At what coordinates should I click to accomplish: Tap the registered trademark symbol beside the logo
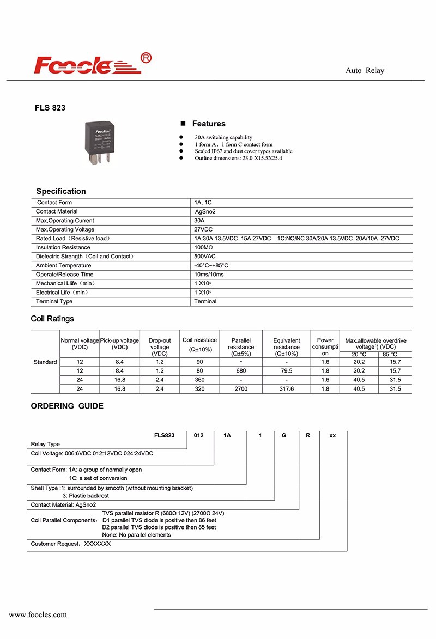tap(146, 58)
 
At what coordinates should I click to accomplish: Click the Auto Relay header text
tap(365, 71)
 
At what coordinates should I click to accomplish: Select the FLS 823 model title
tap(50, 108)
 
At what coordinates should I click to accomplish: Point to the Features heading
tap(208, 124)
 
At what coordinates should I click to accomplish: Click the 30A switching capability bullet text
tap(223, 137)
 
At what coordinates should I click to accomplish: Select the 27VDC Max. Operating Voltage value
tap(204, 229)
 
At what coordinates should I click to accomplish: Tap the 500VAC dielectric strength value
tap(205, 257)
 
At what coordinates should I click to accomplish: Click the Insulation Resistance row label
tap(63, 247)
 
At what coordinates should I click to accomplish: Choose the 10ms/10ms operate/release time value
tap(209, 275)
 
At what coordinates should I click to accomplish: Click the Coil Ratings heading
tap(52, 319)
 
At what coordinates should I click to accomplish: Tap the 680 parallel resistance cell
tap(241, 370)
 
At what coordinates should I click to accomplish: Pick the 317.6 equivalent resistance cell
tap(286, 389)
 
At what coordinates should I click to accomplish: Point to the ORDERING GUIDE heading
tap(67, 406)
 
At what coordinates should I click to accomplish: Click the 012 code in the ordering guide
tap(199, 435)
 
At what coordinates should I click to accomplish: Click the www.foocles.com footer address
tap(38, 614)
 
